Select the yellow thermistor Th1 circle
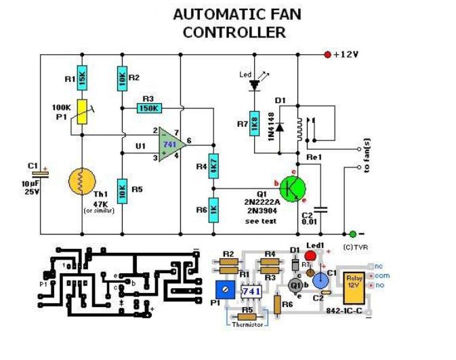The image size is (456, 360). [83, 181]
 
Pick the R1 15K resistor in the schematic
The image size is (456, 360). [82, 81]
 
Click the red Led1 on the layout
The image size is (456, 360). [310, 256]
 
